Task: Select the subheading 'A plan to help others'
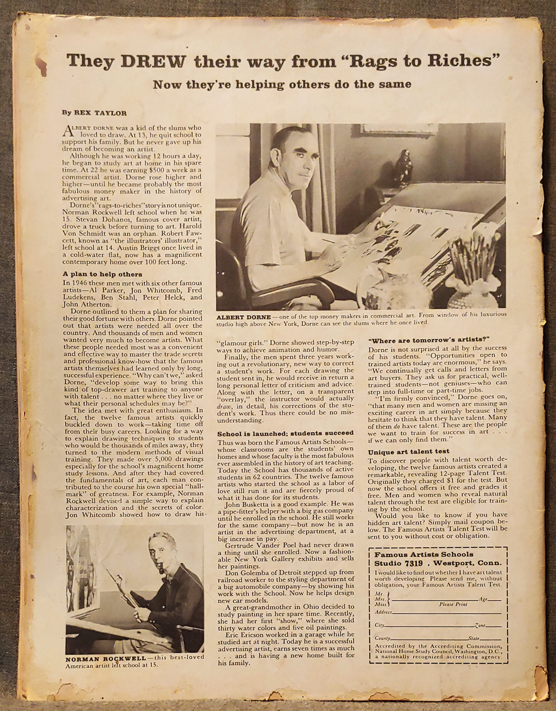click(x=102, y=274)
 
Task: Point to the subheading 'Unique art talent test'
click(x=408, y=452)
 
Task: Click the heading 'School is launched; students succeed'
click(x=285, y=433)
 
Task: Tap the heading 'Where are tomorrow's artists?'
click(x=428, y=340)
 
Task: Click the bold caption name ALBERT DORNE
click(x=244, y=316)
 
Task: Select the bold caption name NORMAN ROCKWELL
click(x=106, y=658)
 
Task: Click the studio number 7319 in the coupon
click(x=413, y=563)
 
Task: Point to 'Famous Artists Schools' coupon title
click(x=424, y=554)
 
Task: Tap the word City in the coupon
click(x=379, y=625)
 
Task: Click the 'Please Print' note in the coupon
click(x=453, y=604)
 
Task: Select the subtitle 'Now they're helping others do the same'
click(x=282, y=84)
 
